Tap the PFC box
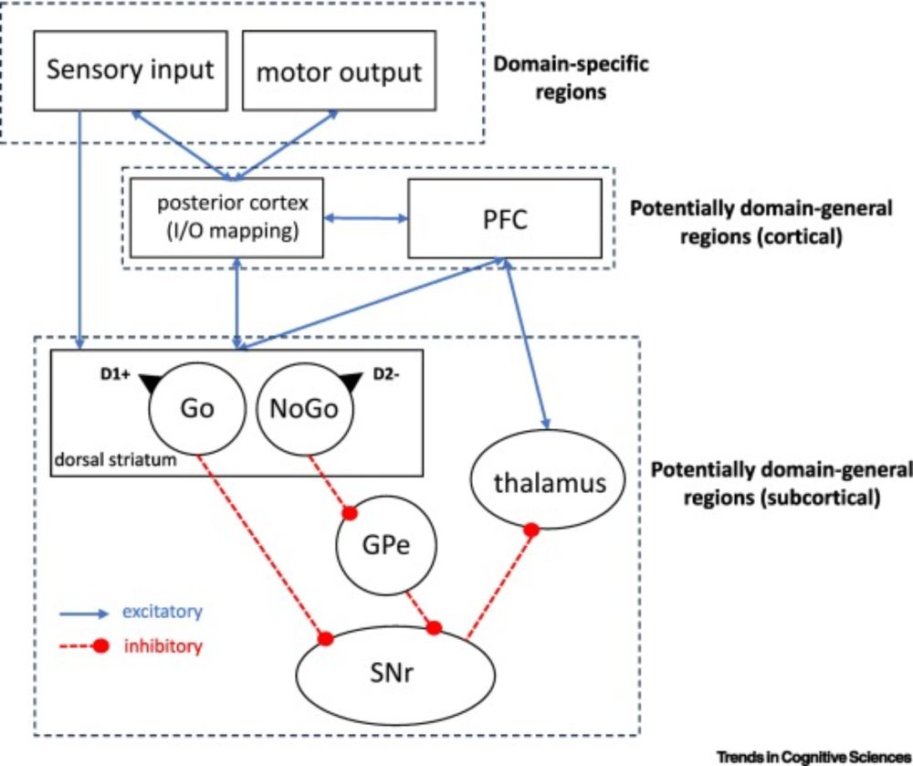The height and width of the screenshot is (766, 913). (504, 218)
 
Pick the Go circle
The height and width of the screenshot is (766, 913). (197, 408)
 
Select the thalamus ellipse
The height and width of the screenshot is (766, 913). (550, 481)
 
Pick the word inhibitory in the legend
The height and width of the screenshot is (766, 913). (163, 647)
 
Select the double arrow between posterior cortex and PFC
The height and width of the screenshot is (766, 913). (366, 218)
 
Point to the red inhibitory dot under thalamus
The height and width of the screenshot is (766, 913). (530, 530)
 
